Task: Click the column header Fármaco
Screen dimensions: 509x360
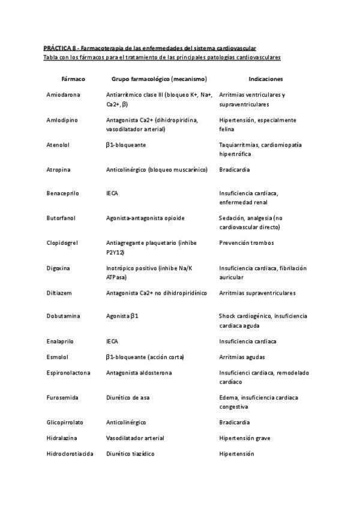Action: [73, 79]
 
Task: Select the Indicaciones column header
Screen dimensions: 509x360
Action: [266, 79]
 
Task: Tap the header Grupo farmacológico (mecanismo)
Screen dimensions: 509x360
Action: [159, 79]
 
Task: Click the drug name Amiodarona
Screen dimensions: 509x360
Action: [63, 95]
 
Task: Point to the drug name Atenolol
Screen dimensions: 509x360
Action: [58, 145]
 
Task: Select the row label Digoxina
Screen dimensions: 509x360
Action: [58, 268]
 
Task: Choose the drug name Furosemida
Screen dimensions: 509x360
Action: [62, 397]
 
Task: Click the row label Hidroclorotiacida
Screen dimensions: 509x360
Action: [70, 454]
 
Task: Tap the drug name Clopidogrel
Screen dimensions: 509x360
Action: [63, 243]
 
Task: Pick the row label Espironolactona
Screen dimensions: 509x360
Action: [68, 373]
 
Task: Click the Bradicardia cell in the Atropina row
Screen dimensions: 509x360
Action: [235, 170]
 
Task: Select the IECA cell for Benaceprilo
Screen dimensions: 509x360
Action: [112, 193]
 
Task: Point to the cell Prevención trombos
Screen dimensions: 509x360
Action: [247, 243]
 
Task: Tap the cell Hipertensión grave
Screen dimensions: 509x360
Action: [245, 438]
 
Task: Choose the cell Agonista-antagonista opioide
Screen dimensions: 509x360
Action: [145, 218]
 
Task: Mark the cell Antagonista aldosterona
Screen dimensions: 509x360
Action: [139, 373]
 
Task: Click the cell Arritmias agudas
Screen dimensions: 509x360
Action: [242, 357]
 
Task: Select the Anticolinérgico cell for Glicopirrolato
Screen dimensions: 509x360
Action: [126, 423]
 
